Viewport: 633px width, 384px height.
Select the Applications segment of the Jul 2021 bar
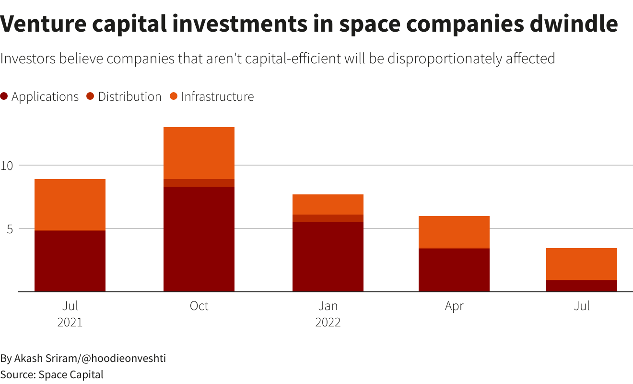pos(70,261)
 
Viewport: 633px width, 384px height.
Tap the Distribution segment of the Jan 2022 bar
pos(328,218)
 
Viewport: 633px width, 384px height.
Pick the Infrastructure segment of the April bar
pos(454,232)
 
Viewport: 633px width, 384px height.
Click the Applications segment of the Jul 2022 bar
pos(582,286)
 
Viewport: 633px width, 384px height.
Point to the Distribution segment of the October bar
pos(199,183)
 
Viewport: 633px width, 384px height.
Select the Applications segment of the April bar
pos(454,270)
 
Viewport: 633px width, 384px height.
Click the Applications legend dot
pos(4,96)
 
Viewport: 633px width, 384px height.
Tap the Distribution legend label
pos(129,96)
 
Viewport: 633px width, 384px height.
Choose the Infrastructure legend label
pos(217,96)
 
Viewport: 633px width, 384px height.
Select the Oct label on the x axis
pos(199,306)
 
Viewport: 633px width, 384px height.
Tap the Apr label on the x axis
pos(454,306)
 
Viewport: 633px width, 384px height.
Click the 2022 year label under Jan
pos(328,322)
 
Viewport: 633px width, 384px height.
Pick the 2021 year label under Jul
pos(70,322)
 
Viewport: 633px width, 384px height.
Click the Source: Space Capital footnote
pos(52,374)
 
